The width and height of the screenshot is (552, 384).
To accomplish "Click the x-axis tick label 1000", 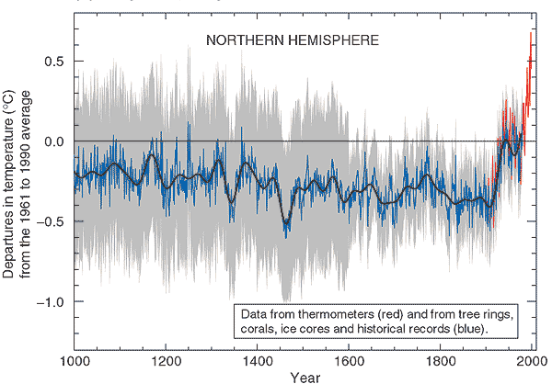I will coord(74,361).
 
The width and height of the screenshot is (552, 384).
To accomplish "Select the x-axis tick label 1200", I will coord(167,361).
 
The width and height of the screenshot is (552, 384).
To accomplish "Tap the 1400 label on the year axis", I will coord(259,361).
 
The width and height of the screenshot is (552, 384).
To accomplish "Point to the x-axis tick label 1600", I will coord(351,361).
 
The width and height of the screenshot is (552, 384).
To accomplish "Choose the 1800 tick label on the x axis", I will coord(443,361).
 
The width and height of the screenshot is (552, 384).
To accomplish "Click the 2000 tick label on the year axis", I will coord(535,361).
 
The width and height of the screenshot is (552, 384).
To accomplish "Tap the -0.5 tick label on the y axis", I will coord(52,221).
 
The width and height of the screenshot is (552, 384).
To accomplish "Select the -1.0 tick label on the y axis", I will coord(52,301).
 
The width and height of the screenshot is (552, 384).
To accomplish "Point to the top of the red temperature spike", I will coord(531,33).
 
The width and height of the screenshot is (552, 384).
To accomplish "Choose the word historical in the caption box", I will coord(390,328).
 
